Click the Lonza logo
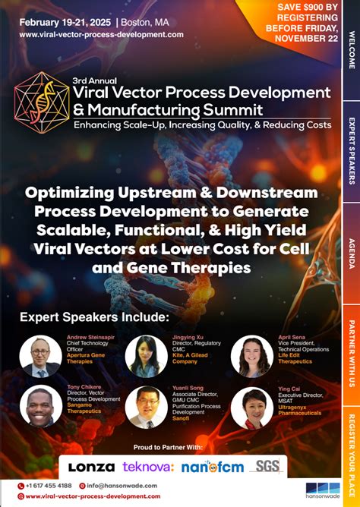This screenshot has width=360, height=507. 92,467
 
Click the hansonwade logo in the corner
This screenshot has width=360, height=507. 321,490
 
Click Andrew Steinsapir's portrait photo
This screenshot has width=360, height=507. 41,356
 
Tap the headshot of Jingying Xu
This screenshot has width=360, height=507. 146,356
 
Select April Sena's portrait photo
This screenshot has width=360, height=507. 251,357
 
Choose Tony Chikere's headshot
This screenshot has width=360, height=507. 41,406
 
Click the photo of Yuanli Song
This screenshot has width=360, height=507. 146,407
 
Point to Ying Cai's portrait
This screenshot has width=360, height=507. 251,408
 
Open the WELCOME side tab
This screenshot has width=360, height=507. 351,50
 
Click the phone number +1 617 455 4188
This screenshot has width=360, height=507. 49,485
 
